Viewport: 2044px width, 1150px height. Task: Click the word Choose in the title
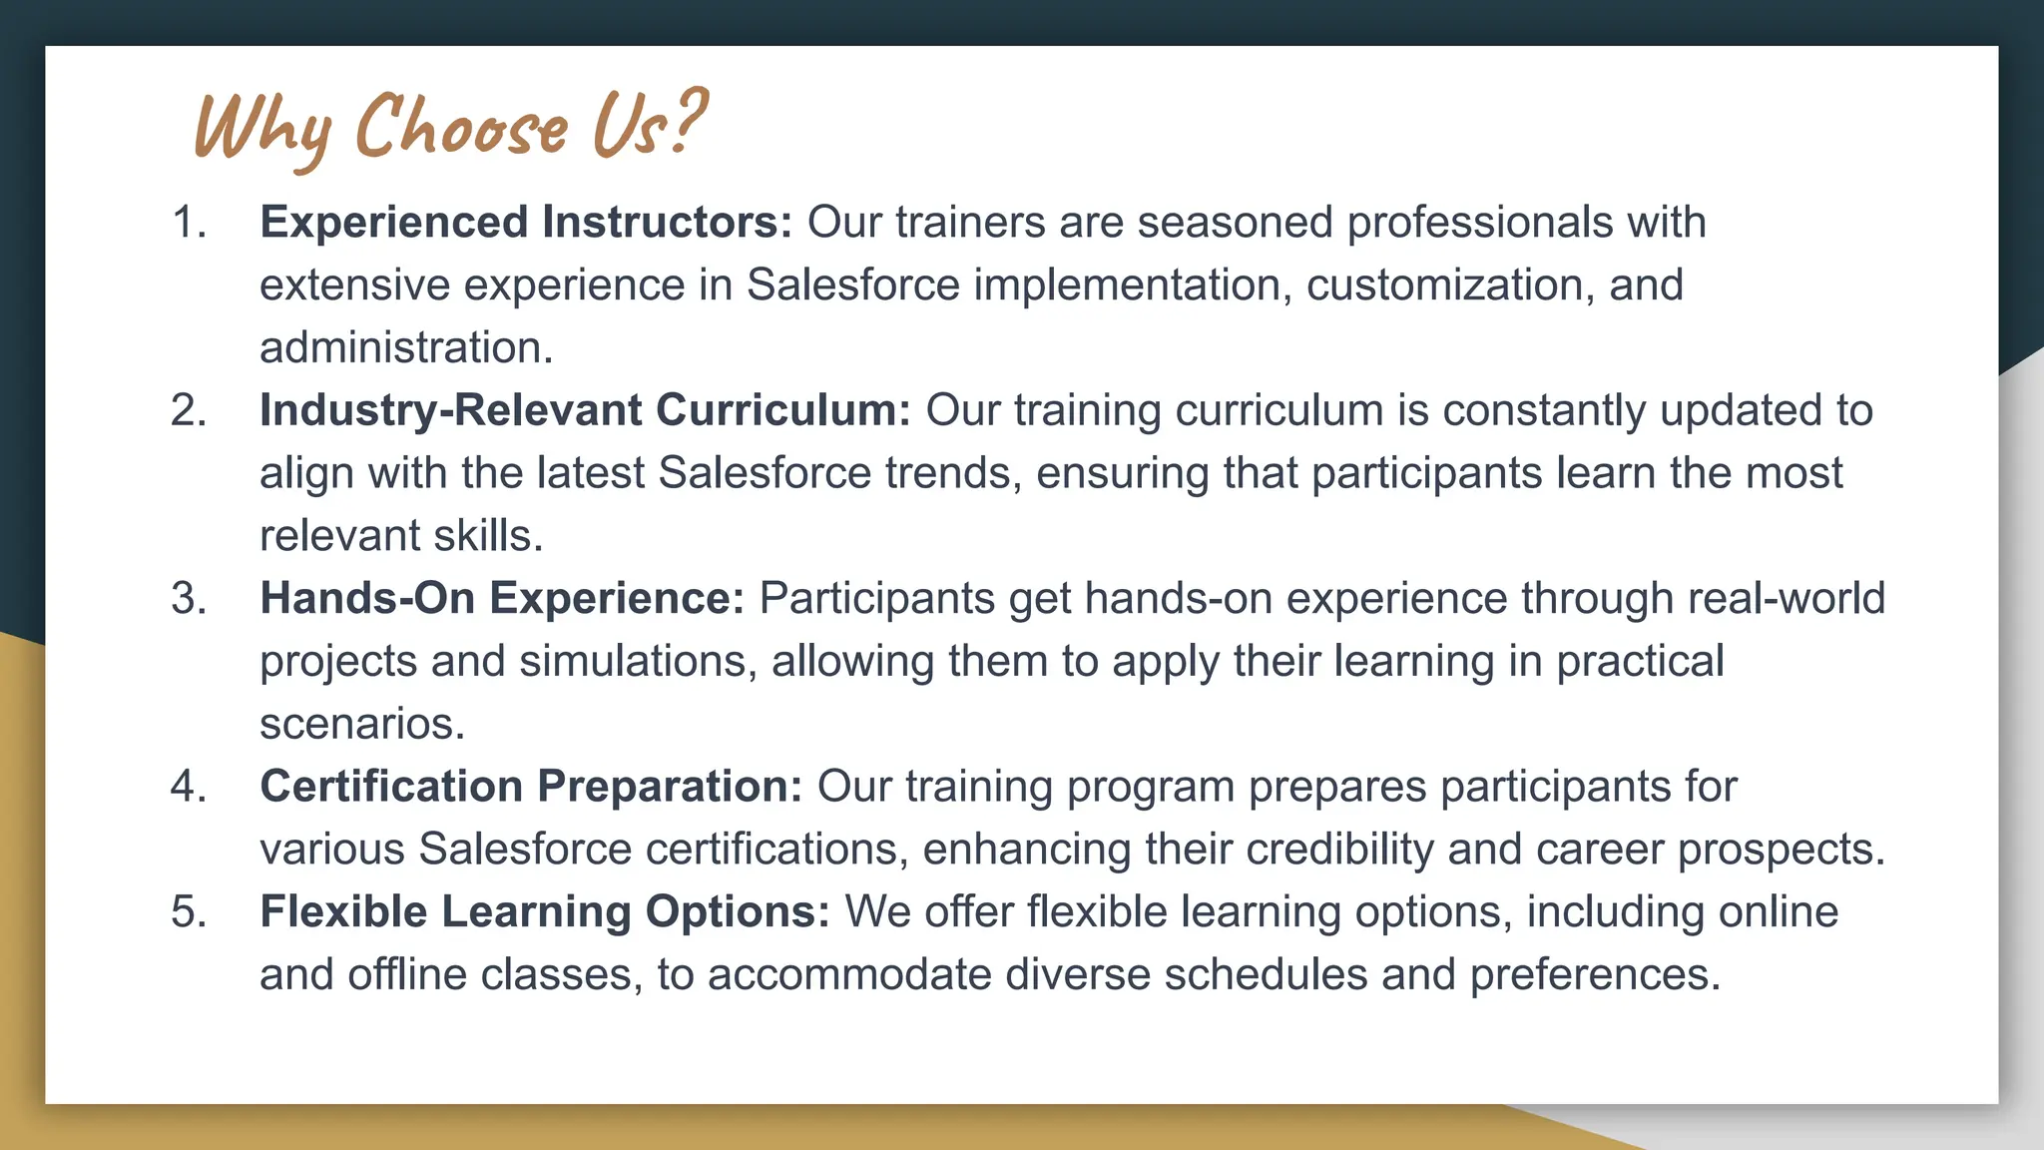pyautogui.click(x=461, y=128)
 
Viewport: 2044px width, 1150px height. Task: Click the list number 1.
pyautogui.click(x=189, y=222)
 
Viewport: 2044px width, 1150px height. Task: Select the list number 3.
pyautogui.click(x=189, y=598)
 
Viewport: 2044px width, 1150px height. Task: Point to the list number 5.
pyautogui.click(x=189, y=911)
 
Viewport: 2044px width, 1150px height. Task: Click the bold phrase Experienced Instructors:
pyautogui.click(x=526, y=222)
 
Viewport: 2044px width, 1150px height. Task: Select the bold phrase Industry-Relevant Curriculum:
pyautogui.click(x=585, y=410)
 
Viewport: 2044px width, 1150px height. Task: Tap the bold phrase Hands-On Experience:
pyautogui.click(x=502, y=598)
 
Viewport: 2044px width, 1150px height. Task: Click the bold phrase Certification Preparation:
pyautogui.click(x=531, y=787)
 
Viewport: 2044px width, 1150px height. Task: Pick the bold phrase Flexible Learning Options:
pyautogui.click(x=545, y=911)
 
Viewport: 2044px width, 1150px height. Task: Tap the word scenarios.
pyautogui.click(x=361, y=724)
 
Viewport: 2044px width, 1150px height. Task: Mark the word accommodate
pyautogui.click(x=849, y=974)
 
